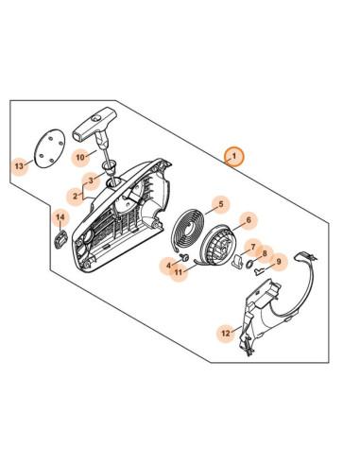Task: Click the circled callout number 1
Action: pyautogui.click(x=234, y=156)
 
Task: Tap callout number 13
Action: pyautogui.click(x=19, y=166)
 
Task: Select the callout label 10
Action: pyautogui.click(x=80, y=157)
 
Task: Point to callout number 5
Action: pyautogui.click(x=221, y=204)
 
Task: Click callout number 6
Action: pyautogui.click(x=249, y=220)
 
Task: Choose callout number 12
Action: pyautogui.click(x=226, y=333)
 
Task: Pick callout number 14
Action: pyautogui.click(x=60, y=217)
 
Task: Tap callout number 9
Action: pyautogui.click(x=279, y=262)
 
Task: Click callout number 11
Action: pyautogui.click(x=179, y=272)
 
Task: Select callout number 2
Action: pyautogui.click(x=75, y=197)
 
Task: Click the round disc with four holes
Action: pyautogui.click(x=49, y=148)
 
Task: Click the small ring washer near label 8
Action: pyautogui.click(x=249, y=264)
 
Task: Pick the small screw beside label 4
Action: pyautogui.click(x=184, y=257)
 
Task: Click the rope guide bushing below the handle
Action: pyautogui.click(x=110, y=167)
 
